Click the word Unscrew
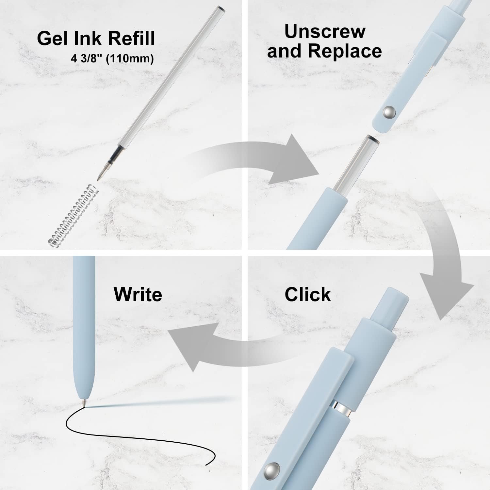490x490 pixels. coord(325,31)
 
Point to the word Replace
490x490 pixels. coord(345,51)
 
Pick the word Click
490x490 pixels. coord(307,294)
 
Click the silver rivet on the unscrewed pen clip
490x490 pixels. coord(389,113)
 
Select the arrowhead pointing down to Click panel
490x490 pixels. coord(446,297)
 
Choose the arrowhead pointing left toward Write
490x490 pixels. coord(189,346)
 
